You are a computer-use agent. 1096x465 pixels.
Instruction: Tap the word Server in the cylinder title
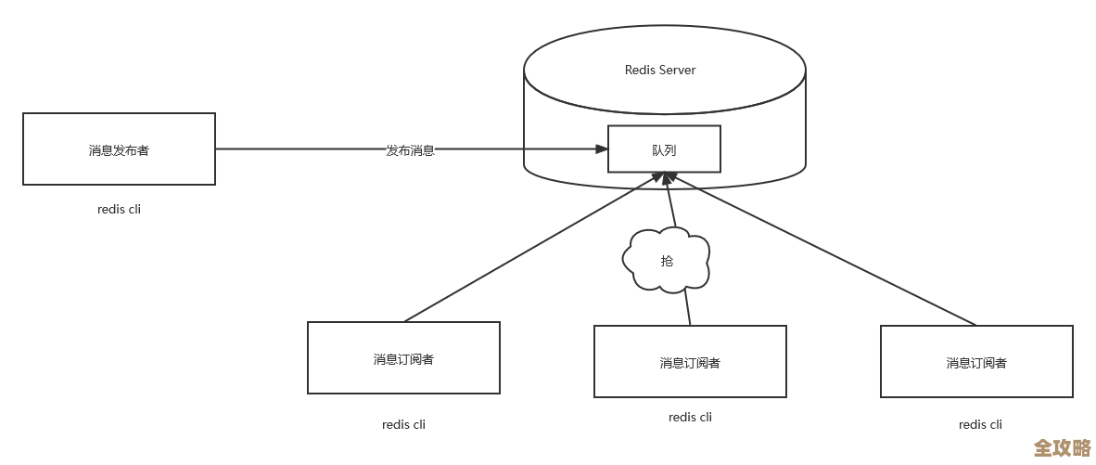click(x=677, y=70)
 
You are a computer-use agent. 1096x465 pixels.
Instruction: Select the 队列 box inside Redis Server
click(x=664, y=149)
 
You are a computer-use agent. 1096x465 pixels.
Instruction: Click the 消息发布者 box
click(x=119, y=149)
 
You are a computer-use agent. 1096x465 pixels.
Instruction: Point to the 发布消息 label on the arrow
click(x=410, y=149)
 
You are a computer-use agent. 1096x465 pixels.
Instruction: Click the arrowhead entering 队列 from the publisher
click(x=600, y=149)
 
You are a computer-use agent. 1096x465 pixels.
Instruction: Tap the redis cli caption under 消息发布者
click(x=119, y=209)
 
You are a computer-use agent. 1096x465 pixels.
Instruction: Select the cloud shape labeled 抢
click(x=667, y=260)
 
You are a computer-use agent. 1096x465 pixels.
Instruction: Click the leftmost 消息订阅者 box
click(x=403, y=358)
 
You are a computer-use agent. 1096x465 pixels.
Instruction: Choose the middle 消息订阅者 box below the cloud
click(x=690, y=362)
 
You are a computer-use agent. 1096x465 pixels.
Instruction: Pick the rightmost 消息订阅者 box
click(x=976, y=362)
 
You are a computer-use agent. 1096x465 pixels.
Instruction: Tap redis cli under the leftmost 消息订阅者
click(x=403, y=424)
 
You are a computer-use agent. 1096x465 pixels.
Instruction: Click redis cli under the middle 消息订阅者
click(x=690, y=417)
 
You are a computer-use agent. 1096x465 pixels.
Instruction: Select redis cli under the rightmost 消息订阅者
click(x=980, y=424)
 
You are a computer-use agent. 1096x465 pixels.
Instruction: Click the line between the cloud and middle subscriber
click(x=687, y=306)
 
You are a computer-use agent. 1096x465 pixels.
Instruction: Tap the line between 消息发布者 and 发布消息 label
click(x=297, y=149)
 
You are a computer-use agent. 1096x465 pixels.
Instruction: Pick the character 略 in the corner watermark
click(x=1080, y=447)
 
